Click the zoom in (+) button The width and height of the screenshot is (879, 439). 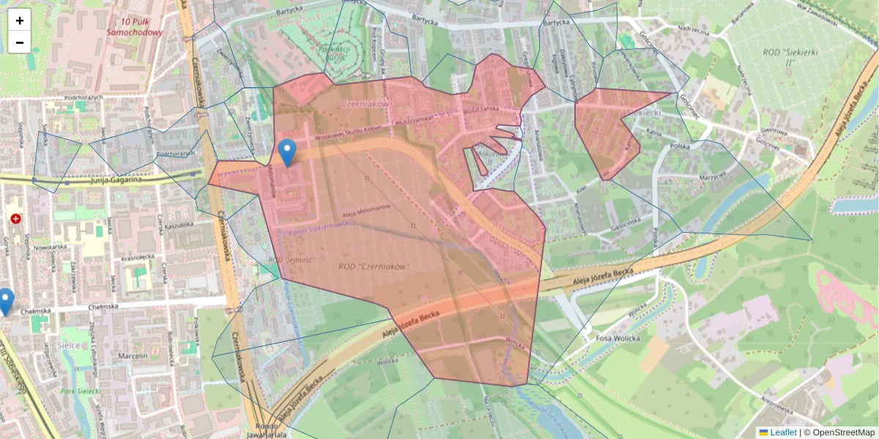[20, 20]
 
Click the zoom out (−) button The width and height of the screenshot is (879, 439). [20, 42]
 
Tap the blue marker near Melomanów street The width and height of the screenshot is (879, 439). [288, 152]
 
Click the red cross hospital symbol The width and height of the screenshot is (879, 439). [16, 219]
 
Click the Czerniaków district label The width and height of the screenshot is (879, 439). [364, 105]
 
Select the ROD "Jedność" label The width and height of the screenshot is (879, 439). [292, 260]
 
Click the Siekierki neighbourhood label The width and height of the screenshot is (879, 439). [645, 113]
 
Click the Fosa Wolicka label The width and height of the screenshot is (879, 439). [619, 338]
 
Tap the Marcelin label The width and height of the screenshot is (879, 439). [133, 356]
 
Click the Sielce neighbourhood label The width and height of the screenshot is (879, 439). [68, 344]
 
